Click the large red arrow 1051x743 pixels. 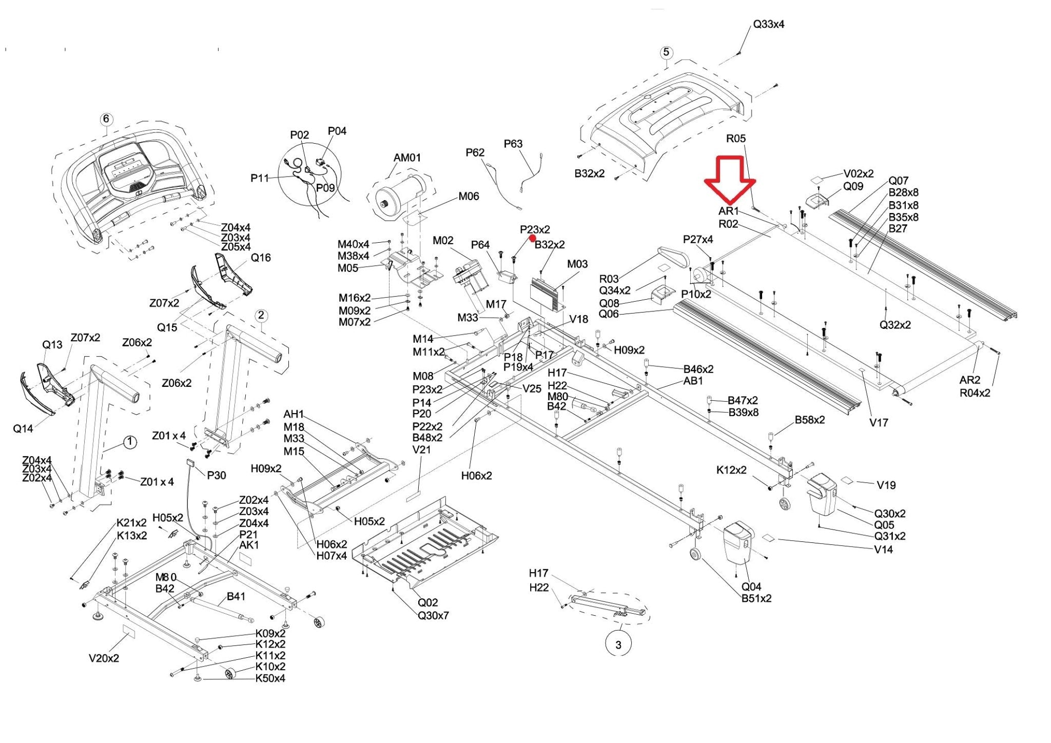coord(730,180)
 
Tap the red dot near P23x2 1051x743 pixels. coord(533,239)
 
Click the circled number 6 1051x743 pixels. coord(106,120)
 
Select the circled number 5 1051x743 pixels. coord(666,52)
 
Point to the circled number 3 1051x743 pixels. coord(618,644)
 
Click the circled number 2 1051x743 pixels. coord(261,315)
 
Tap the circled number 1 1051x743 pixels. coord(130,442)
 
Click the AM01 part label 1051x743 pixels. coord(407,158)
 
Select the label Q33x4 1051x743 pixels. coord(768,24)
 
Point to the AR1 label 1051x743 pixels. coord(728,211)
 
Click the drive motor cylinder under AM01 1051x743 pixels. coord(401,195)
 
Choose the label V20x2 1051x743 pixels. coord(104,658)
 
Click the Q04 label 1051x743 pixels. coord(751,586)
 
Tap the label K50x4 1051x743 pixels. coord(270,678)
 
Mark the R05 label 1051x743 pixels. coord(736,138)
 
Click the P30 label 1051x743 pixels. coord(217,475)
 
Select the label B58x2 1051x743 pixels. coord(810,420)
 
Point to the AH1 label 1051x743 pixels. coord(294,414)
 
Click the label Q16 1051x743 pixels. coord(261,258)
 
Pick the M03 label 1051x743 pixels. coord(577,264)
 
